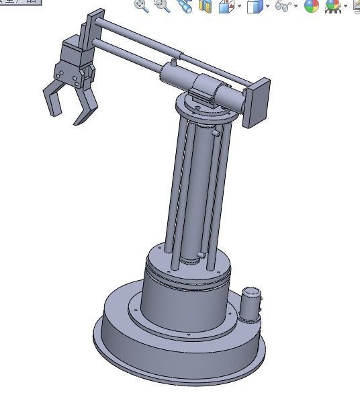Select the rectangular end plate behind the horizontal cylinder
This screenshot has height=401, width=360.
[x=258, y=101]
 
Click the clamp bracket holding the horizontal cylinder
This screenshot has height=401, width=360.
[x=204, y=91]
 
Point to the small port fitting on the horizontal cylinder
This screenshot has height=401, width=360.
[x=173, y=62]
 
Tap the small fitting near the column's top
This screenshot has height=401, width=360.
[x=216, y=134]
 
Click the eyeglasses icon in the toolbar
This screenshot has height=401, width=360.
[x=285, y=7]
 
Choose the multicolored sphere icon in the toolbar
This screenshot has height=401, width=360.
[x=311, y=7]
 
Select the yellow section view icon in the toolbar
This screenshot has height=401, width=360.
[x=205, y=7]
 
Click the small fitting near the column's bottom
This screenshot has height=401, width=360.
[x=200, y=255]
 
